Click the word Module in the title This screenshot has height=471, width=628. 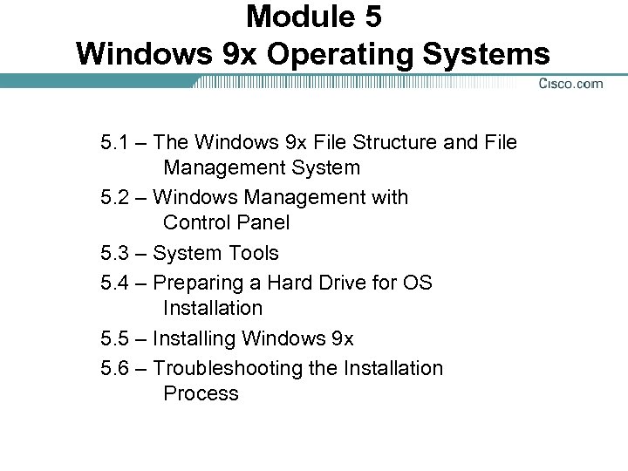[296, 17]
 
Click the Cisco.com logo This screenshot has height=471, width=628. [570, 84]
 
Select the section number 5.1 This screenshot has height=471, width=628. [118, 142]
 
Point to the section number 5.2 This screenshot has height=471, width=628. [118, 198]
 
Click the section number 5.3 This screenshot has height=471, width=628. [118, 254]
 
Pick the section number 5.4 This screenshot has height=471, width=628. [118, 283]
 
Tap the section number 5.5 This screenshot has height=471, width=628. [118, 338]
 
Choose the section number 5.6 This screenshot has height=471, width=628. [118, 368]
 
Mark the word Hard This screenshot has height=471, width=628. [291, 283]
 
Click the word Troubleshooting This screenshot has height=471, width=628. [228, 368]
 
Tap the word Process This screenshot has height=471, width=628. [201, 393]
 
